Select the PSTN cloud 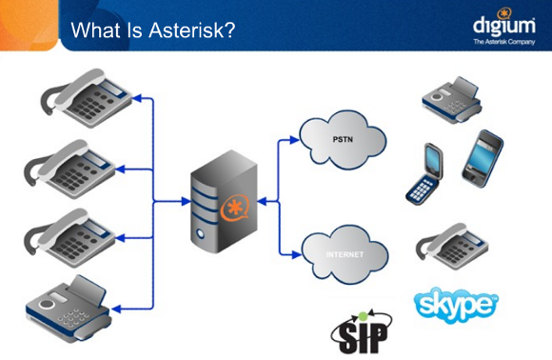[x=344, y=139]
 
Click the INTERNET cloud [x=345, y=254]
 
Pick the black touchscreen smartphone [x=482, y=156]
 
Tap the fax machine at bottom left [x=76, y=304]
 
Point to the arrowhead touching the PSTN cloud [x=294, y=139]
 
